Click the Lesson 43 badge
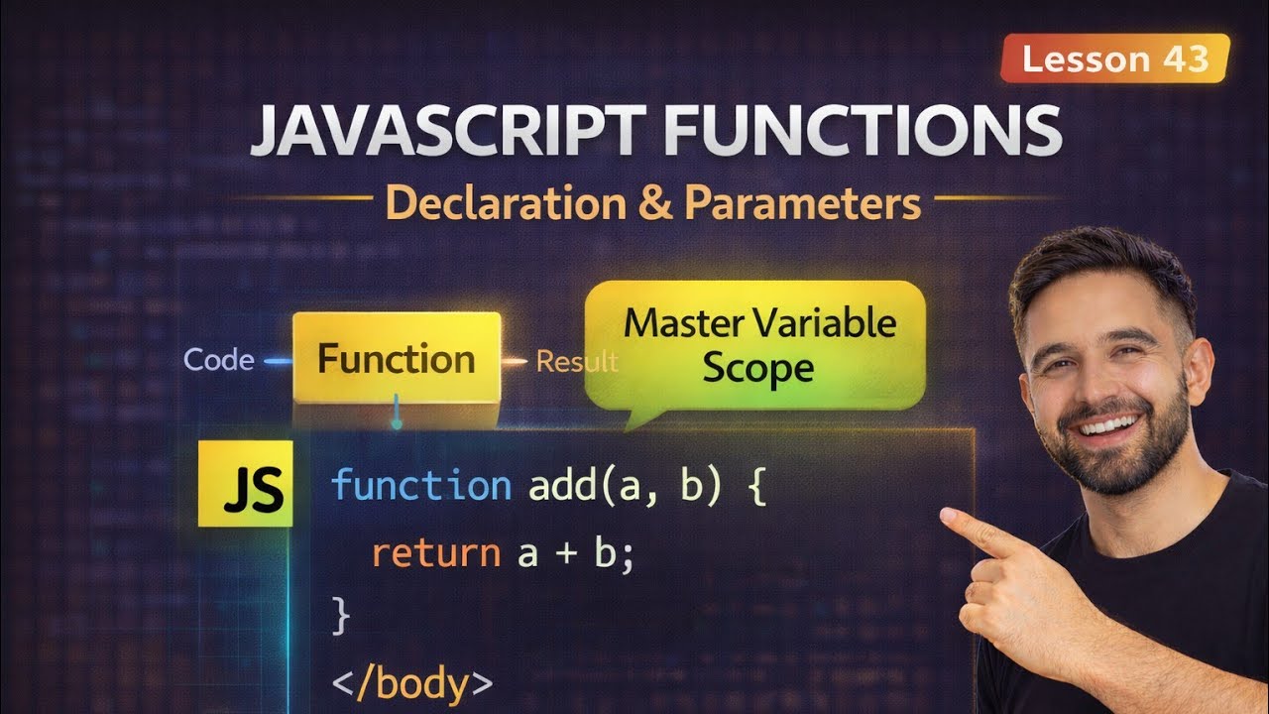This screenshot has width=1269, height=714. (1114, 59)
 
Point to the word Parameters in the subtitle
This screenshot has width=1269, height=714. (802, 203)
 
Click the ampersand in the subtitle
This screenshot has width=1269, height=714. (654, 203)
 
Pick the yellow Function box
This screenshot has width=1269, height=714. (397, 359)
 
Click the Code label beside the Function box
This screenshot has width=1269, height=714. (219, 360)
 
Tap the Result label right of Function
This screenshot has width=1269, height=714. (577, 362)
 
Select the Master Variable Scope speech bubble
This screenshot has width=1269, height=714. (758, 346)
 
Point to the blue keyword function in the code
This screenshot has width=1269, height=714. (420, 486)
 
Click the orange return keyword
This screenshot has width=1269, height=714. (435, 552)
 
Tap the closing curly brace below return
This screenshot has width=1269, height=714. (341, 617)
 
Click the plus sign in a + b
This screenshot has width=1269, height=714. (565, 553)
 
